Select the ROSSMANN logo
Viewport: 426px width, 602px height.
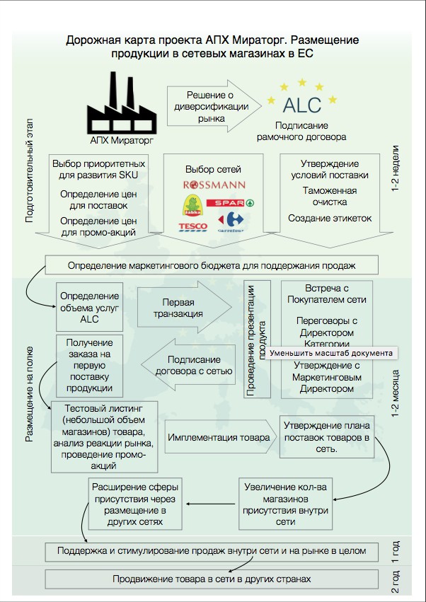click(x=214, y=185)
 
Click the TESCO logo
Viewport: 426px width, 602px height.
click(x=192, y=226)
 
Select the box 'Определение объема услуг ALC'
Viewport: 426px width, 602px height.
click(x=89, y=306)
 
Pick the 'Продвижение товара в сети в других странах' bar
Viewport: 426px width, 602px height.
click(x=211, y=579)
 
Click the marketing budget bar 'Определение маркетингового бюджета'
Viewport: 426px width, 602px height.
click(x=211, y=266)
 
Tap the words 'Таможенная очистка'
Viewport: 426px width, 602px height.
click(x=329, y=197)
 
